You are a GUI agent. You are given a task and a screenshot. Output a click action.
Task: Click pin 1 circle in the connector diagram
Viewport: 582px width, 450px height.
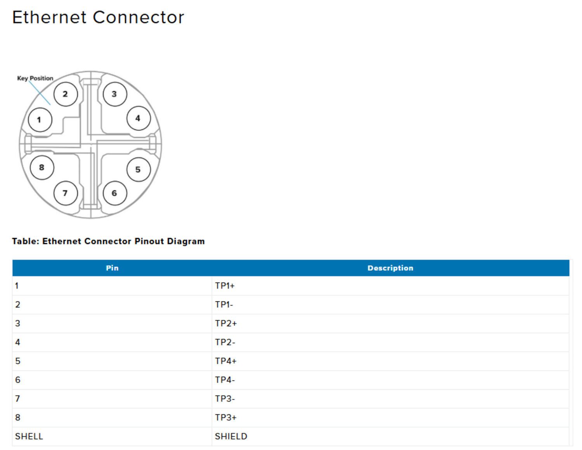[x=40, y=120]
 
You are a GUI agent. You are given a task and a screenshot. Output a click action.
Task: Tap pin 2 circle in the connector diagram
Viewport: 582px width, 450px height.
[x=66, y=94]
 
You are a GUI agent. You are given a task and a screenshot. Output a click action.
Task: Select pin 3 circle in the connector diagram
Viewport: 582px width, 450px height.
[x=114, y=94]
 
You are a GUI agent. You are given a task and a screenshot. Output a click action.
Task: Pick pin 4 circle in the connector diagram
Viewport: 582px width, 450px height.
[x=139, y=118]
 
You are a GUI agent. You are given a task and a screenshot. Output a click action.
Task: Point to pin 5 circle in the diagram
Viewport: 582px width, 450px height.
[x=139, y=170]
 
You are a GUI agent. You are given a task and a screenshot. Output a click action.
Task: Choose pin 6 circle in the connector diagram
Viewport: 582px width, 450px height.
[x=114, y=193]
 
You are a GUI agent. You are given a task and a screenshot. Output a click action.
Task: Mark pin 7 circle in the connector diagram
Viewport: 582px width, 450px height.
[x=66, y=193]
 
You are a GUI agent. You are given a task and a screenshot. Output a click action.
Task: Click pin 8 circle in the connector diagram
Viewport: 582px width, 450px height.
[x=42, y=168]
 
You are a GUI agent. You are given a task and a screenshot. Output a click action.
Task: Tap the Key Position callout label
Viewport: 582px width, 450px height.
[x=35, y=78]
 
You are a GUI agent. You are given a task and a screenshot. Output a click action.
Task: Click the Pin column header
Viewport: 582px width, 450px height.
[x=112, y=268]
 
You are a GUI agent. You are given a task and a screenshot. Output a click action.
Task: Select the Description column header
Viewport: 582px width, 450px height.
[x=390, y=268]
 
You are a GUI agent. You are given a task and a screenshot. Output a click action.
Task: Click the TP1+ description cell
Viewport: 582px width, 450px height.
[x=225, y=286]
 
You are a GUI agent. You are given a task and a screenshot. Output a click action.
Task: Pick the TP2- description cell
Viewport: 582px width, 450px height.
[x=225, y=343]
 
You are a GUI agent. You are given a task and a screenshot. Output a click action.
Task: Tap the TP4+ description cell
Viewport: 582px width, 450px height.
[x=226, y=361]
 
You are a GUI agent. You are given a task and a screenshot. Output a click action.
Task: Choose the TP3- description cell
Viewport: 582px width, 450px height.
[x=225, y=399]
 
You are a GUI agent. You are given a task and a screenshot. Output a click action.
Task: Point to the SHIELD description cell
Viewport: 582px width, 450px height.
[x=231, y=436]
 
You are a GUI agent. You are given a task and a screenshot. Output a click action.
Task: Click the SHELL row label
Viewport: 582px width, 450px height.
[x=29, y=436]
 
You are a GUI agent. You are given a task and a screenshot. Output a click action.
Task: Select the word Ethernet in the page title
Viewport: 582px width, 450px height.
[x=49, y=17]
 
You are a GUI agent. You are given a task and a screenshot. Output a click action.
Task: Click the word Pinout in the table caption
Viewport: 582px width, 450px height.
[x=149, y=241]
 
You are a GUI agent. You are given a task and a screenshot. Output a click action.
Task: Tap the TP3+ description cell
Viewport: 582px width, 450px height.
[x=226, y=418]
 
